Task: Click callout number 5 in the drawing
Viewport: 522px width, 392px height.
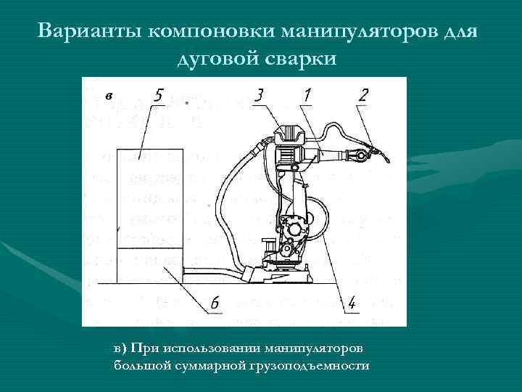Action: pos(159,95)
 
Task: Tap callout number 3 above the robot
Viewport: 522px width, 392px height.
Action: pos(259,94)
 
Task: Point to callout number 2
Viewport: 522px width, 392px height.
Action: pos(363,94)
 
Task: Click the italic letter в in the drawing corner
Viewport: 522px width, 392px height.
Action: pos(108,95)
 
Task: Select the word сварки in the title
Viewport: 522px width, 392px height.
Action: pos(303,59)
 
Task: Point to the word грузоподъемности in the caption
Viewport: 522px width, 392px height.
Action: pos(309,365)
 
